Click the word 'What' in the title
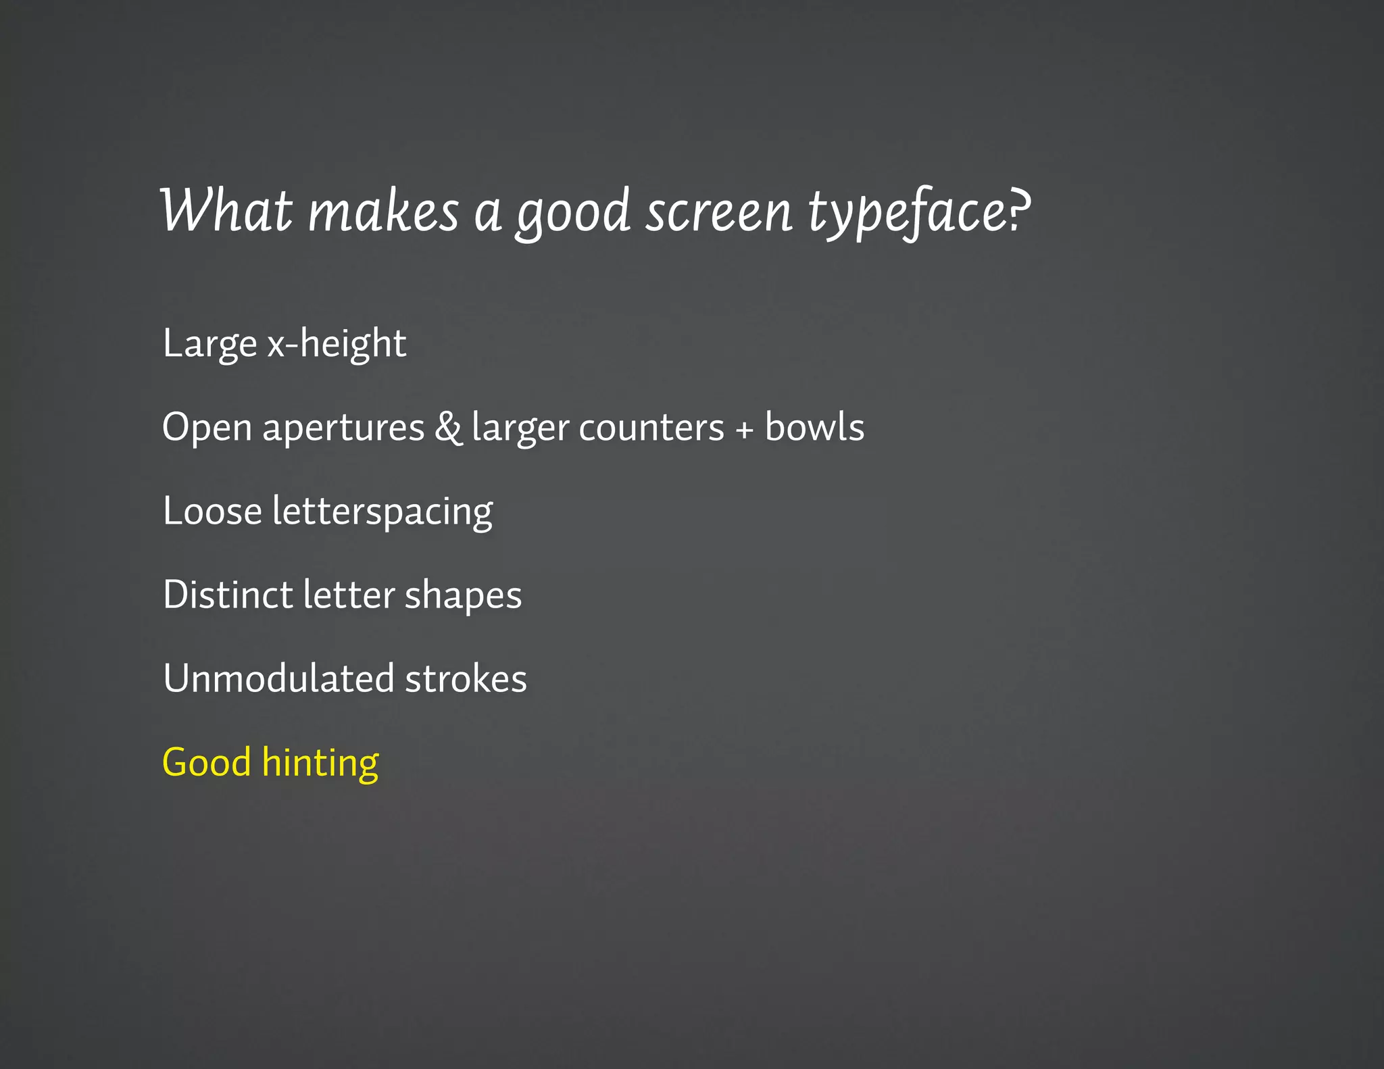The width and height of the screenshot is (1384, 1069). tap(226, 211)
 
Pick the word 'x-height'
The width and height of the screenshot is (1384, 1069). tap(337, 343)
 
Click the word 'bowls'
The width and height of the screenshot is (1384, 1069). tap(814, 427)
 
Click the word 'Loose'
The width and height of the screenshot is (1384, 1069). tap(212, 511)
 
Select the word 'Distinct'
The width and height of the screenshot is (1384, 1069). tap(228, 595)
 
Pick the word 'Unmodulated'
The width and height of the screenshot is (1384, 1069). tap(278, 678)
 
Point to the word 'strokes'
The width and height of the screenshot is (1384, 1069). tap(466, 678)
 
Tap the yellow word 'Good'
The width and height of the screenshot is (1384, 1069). tap(207, 762)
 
